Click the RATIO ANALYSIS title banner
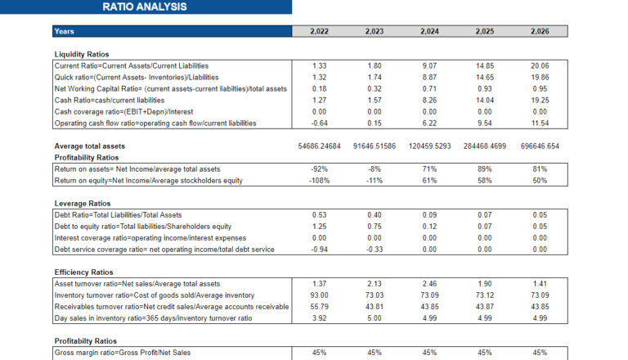pyautogui.click(x=145, y=7)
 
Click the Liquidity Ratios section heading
pyautogui.click(x=82, y=54)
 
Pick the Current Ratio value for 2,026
pyautogui.click(x=539, y=65)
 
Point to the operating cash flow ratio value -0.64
pyautogui.click(x=320, y=123)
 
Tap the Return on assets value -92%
pyautogui.click(x=320, y=169)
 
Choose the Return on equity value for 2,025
pyautogui.click(x=484, y=180)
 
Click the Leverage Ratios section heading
pyautogui.click(x=82, y=203)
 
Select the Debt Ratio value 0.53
pyautogui.click(x=320, y=214)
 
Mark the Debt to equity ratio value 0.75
pyautogui.click(x=375, y=226)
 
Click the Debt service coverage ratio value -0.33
pyautogui.click(x=375, y=249)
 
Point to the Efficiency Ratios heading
pyautogui.click(x=83, y=272)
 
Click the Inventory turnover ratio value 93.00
pyautogui.click(x=320, y=295)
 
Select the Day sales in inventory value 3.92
pyautogui.click(x=320, y=317)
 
